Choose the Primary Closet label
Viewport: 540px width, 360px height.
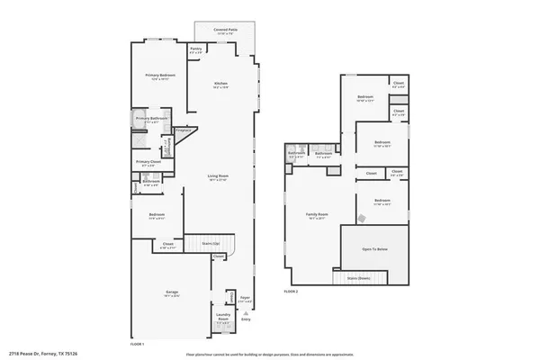coord(149,164)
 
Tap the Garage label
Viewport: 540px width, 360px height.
coord(171,293)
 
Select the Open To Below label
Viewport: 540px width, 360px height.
coord(375,248)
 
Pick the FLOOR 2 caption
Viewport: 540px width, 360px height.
coord(291,292)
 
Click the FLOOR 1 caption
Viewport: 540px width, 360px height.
coord(137,344)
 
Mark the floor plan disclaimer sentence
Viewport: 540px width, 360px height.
coord(269,355)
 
